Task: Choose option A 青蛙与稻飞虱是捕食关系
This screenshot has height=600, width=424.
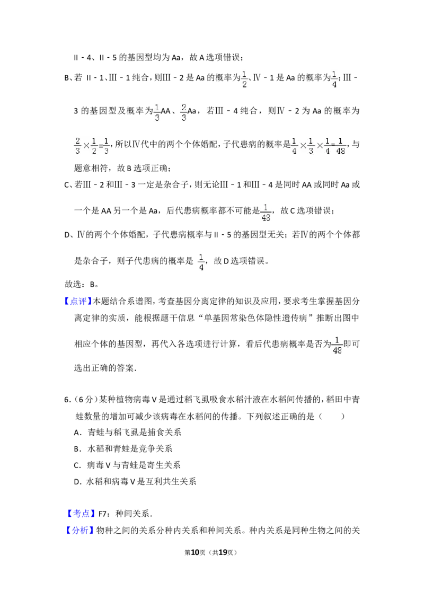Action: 127,433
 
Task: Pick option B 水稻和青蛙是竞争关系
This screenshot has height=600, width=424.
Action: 123,449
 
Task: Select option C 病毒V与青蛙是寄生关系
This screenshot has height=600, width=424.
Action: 127,465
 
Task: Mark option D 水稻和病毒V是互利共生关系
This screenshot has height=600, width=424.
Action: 135,482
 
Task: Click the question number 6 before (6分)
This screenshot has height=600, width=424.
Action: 67,400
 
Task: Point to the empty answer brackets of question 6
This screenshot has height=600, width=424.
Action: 331,416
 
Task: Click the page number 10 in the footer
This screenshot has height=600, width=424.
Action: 195,552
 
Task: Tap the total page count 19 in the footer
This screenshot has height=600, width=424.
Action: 223,552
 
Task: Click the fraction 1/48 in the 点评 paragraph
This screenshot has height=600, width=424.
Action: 337,345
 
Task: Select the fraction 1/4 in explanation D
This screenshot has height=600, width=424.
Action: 201,262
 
